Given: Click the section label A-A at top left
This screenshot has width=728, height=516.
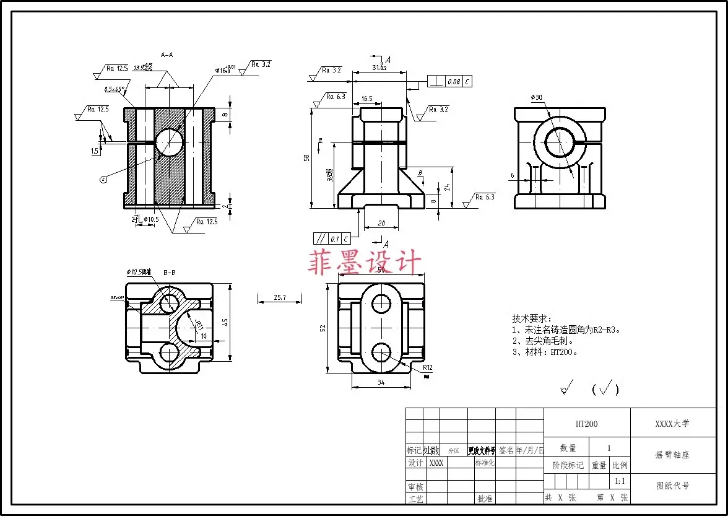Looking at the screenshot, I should (167, 55).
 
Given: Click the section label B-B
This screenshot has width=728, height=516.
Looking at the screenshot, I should (169, 272).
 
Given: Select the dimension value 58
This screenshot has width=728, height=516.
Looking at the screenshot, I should (306, 158).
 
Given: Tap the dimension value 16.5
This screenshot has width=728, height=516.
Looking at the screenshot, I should (366, 98).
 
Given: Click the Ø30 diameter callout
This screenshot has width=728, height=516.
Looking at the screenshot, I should (536, 97).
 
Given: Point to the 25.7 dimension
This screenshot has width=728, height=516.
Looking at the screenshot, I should (280, 297).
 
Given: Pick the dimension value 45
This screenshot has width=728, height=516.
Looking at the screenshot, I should (225, 321).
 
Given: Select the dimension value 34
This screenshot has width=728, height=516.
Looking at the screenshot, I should (381, 382).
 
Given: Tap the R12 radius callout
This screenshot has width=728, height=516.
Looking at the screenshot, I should (427, 367).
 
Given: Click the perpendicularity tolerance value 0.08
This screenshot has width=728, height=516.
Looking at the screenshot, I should (454, 82).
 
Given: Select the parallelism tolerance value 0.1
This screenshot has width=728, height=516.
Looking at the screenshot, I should (335, 238).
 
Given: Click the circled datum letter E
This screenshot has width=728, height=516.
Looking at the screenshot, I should (103, 179).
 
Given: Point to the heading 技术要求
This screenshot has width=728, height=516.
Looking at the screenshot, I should (531, 318).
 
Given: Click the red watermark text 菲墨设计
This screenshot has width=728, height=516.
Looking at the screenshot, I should (365, 263).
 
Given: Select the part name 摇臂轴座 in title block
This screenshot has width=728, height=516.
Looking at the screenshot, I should (672, 454).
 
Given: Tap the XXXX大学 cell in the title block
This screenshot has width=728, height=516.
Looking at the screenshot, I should (672, 424).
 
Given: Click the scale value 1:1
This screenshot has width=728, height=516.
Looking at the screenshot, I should (619, 481).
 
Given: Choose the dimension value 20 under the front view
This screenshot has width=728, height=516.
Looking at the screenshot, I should (381, 223).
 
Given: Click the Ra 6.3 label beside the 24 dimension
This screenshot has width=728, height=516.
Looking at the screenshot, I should (485, 196).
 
